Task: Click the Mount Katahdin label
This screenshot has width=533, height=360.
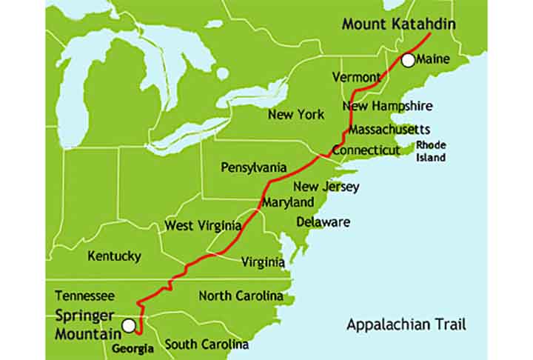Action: (398, 24)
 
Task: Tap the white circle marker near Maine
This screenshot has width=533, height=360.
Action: (408, 60)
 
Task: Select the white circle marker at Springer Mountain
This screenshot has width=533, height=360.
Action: (129, 325)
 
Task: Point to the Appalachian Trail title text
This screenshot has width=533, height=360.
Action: (406, 324)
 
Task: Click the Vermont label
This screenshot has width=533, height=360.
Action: (356, 77)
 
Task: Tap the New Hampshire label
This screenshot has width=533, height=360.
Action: (387, 106)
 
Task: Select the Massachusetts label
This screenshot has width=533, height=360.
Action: (389, 130)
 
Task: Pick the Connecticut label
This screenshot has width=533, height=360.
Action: (366, 150)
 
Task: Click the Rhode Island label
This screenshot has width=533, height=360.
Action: (431, 150)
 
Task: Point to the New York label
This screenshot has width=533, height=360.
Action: (296, 115)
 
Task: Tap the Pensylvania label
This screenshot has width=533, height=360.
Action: (254, 168)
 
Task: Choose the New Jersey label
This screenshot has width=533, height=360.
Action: (326, 187)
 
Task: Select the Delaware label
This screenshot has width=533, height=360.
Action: (324, 221)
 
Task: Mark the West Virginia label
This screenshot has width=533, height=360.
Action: (202, 225)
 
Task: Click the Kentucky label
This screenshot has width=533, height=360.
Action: (114, 256)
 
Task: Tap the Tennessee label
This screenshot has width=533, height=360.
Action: (85, 295)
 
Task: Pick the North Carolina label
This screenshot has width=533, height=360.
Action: (241, 296)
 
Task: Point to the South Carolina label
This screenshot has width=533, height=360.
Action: (207, 344)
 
